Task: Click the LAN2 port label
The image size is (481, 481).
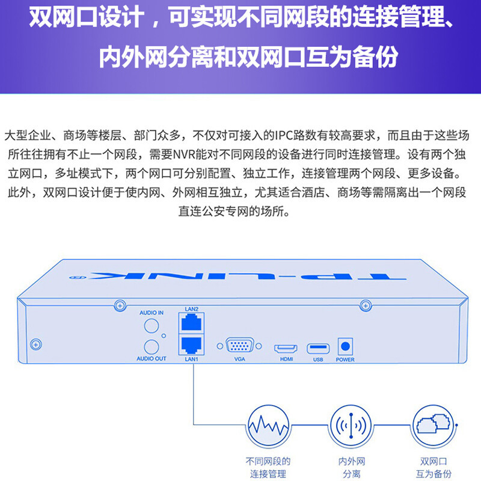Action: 191,309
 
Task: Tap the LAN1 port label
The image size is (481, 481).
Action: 191,359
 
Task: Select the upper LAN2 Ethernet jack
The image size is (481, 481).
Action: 191,323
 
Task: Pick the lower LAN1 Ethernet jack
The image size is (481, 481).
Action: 191,345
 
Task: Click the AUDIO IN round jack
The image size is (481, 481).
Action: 152,326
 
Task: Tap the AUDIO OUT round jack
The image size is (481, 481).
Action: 152,347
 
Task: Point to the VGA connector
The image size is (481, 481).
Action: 239,346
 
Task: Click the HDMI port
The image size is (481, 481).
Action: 286,349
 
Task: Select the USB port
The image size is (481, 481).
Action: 318,349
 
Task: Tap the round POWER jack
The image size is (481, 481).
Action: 345,346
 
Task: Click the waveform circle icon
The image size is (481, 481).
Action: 268,425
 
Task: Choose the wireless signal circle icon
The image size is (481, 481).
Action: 351,425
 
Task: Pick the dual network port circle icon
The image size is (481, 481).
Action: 434,425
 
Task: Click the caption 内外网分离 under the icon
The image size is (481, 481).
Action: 352,468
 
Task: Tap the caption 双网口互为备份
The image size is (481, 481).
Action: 434,468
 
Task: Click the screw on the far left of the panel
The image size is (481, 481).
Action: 36,345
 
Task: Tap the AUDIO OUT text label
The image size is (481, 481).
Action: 152,358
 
